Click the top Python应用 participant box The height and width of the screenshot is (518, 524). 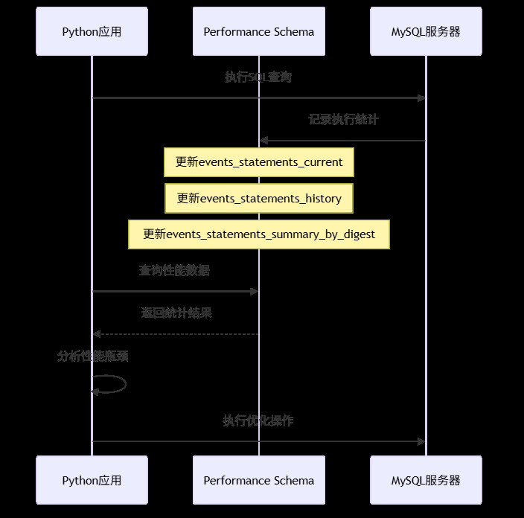[92, 31]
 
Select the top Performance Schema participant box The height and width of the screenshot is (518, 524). [258, 31]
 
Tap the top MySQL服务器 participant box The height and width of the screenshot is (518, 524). [426, 31]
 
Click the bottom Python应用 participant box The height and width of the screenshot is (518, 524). [92, 480]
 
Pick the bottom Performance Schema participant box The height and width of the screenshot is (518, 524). [258, 480]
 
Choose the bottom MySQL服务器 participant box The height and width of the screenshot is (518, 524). [426, 480]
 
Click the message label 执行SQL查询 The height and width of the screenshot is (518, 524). [258, 77]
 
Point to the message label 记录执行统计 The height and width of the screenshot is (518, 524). [343, 119]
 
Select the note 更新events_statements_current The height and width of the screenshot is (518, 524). [258, 162]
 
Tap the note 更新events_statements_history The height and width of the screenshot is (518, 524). [258, 199]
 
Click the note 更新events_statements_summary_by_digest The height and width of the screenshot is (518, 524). [258, 234]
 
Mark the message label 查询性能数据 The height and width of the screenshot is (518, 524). [174, 270]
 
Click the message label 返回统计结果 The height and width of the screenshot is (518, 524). [176, 313]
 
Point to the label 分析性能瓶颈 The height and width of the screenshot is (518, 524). [93, 356]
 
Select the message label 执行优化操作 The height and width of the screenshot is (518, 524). [258, 421]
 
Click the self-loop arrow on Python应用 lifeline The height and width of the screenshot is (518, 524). [124, 384]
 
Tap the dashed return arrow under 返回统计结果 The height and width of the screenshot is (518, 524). [176, 334]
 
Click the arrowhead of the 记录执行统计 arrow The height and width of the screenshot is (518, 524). [263, 141]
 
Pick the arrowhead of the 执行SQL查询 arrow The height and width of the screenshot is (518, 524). [421, 98]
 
